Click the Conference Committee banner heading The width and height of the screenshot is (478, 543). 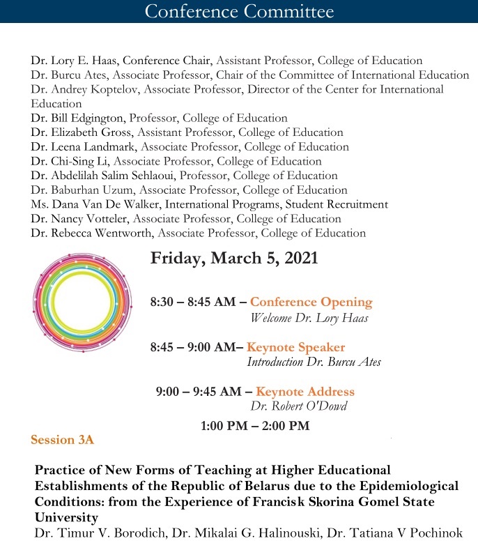coord(239,11)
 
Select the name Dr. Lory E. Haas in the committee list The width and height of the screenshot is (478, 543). coord(73,61)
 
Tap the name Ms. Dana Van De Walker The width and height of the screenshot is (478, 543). coord(91,204)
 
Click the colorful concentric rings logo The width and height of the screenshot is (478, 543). coord(81,300)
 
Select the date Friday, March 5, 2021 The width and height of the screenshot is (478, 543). coord(234,258)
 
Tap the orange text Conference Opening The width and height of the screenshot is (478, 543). coord(311,303)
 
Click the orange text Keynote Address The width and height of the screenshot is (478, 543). coord(305,392)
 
